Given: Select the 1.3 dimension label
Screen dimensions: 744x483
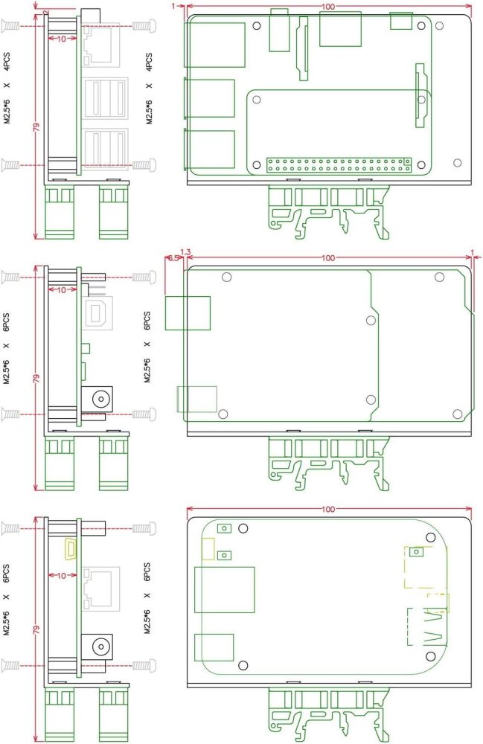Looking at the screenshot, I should [x=185, y=251].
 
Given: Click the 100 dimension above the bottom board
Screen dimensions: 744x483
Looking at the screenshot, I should [x=328, y=510].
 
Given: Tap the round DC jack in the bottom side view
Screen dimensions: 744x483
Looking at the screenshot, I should [x=97, y=646].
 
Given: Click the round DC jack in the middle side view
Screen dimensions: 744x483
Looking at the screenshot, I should [x=97, y=399].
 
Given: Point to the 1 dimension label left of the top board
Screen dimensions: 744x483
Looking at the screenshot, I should [x=173, y=6].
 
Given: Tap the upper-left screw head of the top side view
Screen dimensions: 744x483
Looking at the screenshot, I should [x=10, y=26].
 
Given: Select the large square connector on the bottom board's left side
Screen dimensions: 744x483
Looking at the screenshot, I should [x=224, y=590].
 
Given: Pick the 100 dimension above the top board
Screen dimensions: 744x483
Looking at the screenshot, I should [x=328, y=6].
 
